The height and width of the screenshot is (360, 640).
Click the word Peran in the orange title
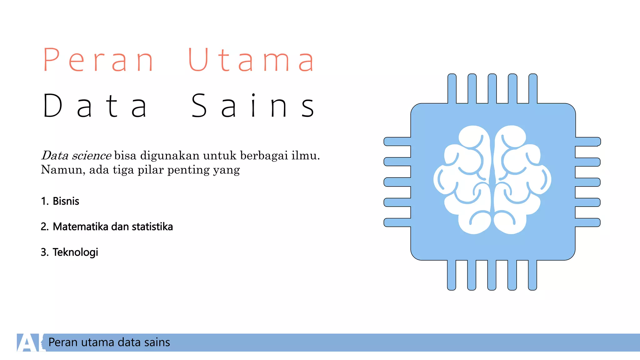click(98, 60)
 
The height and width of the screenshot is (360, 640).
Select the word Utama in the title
click(251, 60)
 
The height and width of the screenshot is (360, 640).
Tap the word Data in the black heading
click(95, 106)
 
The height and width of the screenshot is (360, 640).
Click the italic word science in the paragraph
click(91, 155)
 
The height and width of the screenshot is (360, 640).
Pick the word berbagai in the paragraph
click(264, 155)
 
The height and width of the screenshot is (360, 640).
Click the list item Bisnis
click(66, 201)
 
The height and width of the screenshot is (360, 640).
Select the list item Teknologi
click(75, 252)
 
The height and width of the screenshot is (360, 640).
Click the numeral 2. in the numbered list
click(45, 227)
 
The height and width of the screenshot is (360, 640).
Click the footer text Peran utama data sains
click(109, 342)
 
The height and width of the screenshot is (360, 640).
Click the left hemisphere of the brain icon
click(462, 180)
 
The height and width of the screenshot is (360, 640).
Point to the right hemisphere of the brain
click(522, 180)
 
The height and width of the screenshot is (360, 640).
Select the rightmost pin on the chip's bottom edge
click(532, 275)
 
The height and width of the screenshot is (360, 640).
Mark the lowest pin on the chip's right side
click(587, 222)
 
